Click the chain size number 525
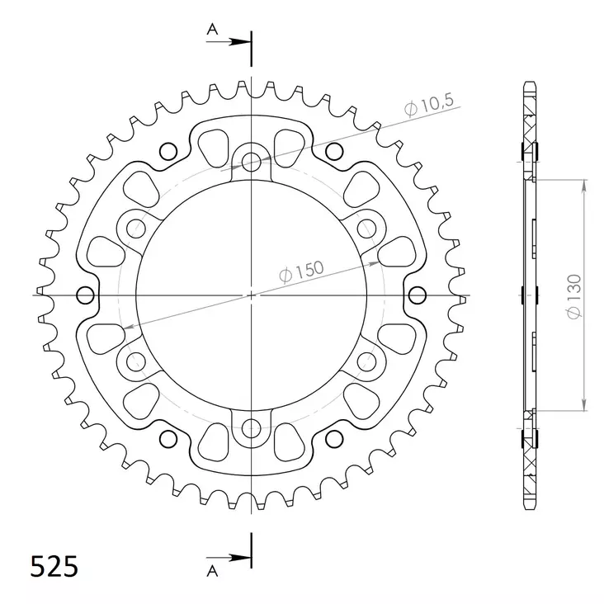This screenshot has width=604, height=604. point(54,567)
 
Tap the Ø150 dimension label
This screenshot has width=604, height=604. point(301,272)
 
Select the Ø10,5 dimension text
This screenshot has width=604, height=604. point(429,106)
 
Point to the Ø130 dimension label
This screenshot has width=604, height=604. point(575,295)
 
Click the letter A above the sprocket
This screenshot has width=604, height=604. point(211,29)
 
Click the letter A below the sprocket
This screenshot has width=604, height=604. point(211,569)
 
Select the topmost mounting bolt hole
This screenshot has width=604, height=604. point(251,160)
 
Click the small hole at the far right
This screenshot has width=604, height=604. point(418,295)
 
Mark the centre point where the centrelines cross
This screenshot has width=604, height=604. point(251,295)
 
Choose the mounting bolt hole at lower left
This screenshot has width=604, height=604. point(135,360)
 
